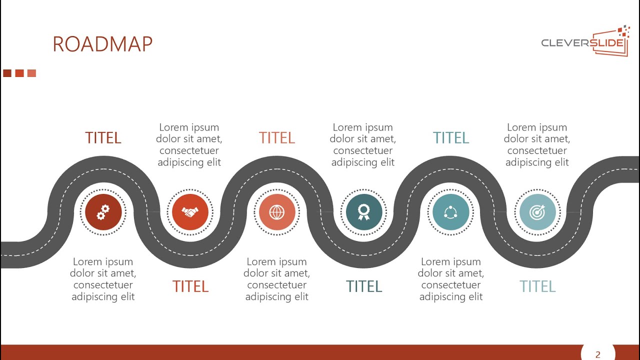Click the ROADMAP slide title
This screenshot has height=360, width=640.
[x=102, y=44]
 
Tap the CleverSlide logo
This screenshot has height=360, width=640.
[x=584, y=42]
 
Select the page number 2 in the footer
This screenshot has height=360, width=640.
[x=597, y=354]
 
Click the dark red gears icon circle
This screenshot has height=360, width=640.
[x=103, y=212]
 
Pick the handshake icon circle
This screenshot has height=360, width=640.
[x=190, y=212]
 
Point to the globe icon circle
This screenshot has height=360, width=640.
[x=276, y=212]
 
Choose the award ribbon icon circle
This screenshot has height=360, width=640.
[x=364, y=212]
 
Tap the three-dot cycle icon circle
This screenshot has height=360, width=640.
[x=450, y=212]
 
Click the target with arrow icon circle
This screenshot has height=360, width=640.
[x=537, y=212]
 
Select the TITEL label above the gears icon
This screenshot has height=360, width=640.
[x=103, y=138]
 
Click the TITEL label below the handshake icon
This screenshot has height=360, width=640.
[x=190, y=286]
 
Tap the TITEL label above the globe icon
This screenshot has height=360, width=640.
[x=276, y=138]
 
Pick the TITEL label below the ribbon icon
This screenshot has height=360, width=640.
[x=364, y=286]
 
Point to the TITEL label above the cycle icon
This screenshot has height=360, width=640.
[x=450, y=138]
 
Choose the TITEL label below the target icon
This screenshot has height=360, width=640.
[x=537, y=286]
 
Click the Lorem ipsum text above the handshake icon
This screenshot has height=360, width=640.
[x=189, y=144]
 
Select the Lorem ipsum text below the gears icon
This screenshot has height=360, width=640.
[x=103, y=279]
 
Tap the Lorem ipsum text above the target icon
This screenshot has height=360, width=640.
[x=537, y=144]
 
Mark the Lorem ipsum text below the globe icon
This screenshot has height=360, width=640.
[x=276, y=279]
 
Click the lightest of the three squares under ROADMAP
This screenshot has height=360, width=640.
[x=31, y=73]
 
